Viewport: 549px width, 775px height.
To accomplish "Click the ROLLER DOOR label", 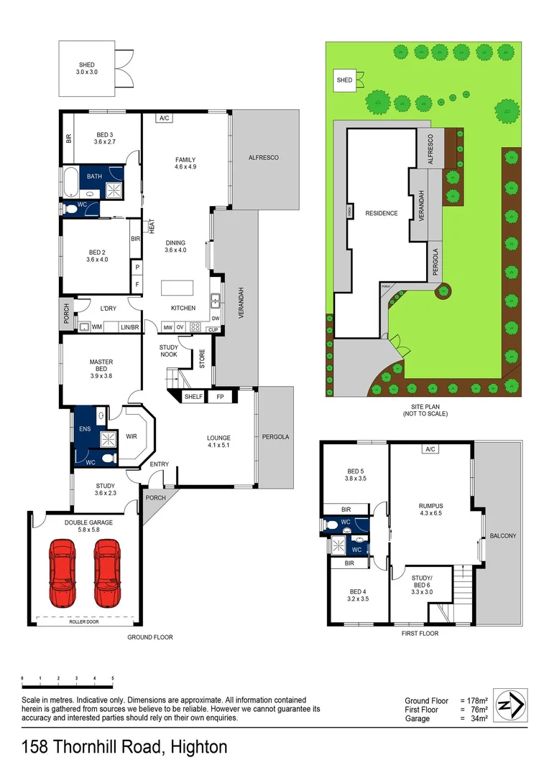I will pyautogui.click(x=85, y=621).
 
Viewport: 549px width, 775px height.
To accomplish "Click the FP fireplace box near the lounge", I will pyautogui.click(x=221, y=396).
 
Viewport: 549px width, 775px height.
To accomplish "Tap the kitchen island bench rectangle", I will pyautogui.click(x=178, y=287).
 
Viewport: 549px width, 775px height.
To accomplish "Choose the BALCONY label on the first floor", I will pyautogui.click(x=502, y=536).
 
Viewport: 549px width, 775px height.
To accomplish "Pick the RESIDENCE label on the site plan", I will pyautogui.click(x=381, y=213).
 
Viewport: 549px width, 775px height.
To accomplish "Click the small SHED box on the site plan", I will pyautogui.click(x=345, y=80).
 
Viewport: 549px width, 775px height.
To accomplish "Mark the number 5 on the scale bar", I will pyautogui.click(x=113, y=678).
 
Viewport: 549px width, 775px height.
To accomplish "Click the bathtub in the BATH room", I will pyautogui.click(x=70, y=184).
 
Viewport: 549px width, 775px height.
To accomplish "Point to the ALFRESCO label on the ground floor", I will pyautogui.click(x=263, y=158).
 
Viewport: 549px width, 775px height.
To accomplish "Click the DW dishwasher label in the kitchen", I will pyautogui.click(x=215, y=319).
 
